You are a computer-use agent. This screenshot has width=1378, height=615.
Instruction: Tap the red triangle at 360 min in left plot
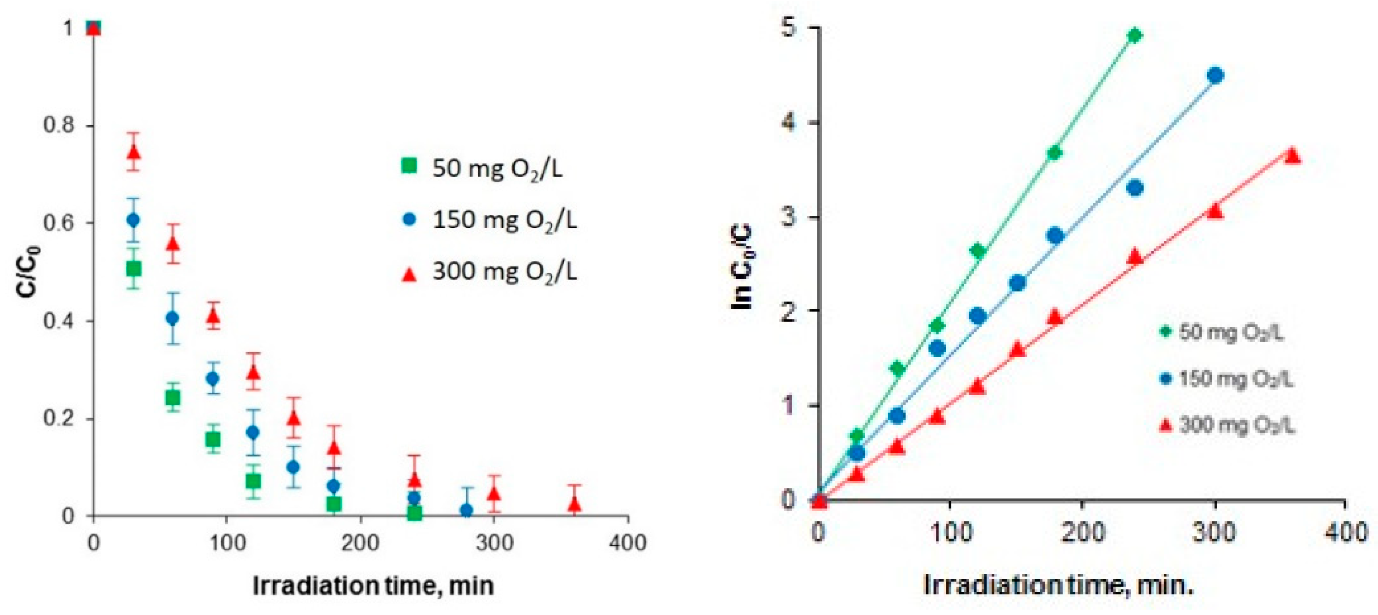[x=575, y=503]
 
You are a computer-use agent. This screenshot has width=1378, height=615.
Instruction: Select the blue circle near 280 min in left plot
[x=467, y=510]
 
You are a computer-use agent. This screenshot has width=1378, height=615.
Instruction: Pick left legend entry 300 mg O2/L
[x=490, y=272]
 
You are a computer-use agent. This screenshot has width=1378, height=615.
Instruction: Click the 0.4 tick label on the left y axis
[x=60, y=321]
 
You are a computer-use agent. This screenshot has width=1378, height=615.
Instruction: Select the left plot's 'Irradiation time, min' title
[x=373, y=585]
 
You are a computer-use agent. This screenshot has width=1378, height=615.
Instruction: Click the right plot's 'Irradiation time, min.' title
[x=1059, y=585]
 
